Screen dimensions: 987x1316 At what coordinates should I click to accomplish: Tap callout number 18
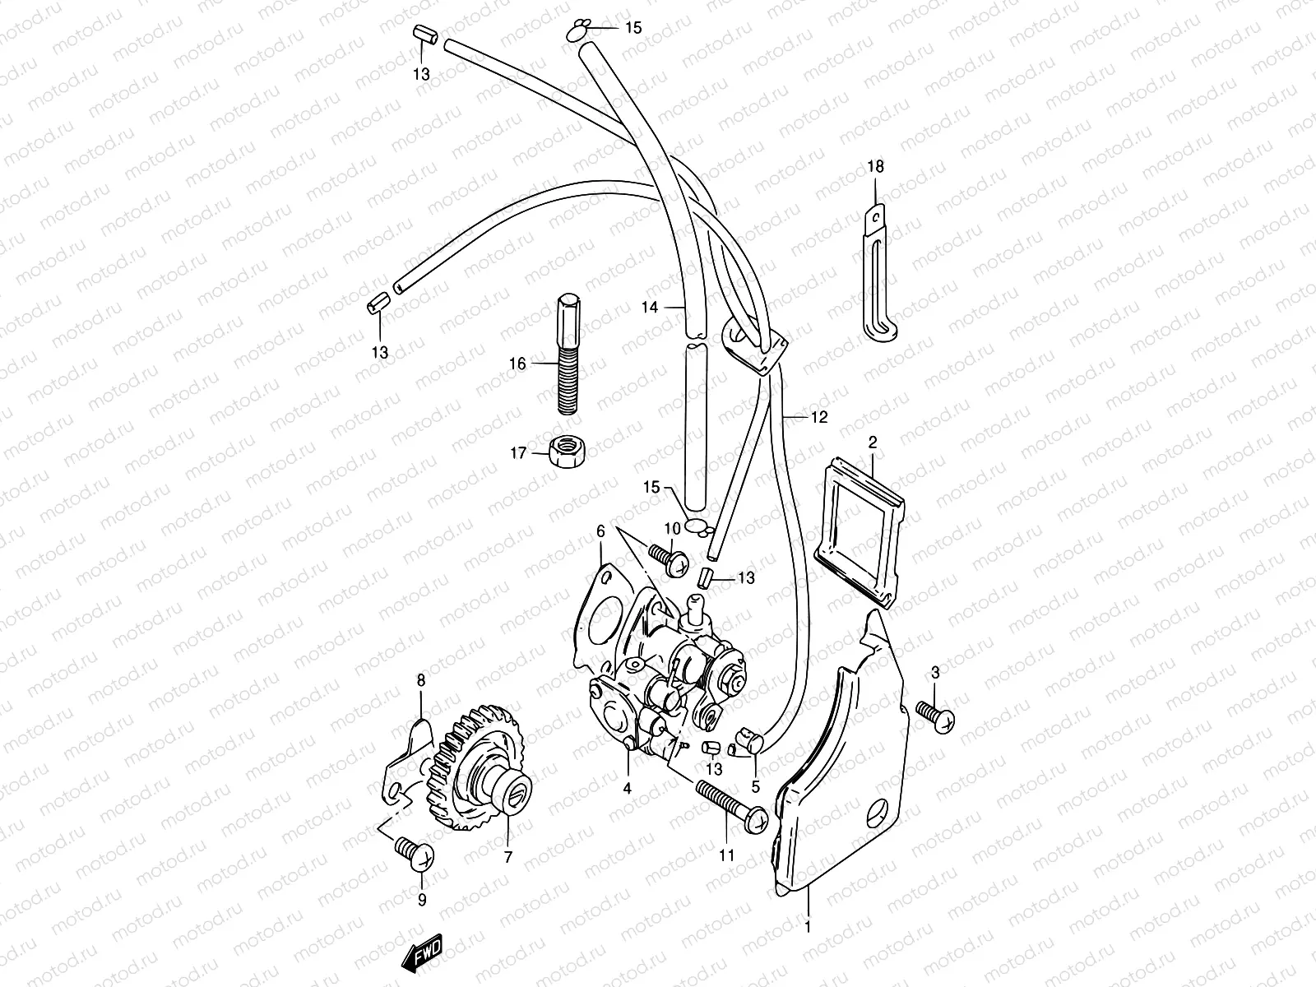coord(875,167)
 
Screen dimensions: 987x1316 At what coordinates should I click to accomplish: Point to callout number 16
coord(517,363)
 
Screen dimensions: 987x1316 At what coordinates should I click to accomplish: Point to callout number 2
coord(873,442)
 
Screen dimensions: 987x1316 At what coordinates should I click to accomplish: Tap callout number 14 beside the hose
coord(650,308)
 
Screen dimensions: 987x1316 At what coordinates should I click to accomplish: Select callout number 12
coord(818,417)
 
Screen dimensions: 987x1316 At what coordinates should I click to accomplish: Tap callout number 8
coord(421,680)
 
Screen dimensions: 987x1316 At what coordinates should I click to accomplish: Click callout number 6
coord(600,532)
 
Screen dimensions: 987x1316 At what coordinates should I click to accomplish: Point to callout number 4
coord(627,788)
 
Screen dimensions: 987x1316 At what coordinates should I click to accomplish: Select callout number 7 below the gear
coord(507,857)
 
